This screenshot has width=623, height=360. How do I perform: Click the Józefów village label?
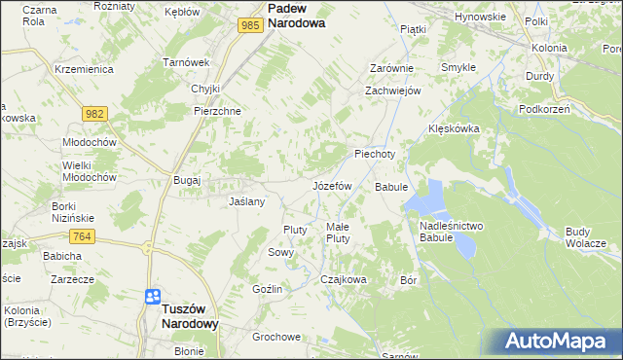click(x=331, y=185)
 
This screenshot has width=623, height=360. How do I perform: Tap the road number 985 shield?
click(x=250, y=25)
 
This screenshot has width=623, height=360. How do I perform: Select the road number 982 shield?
click(x=94, y=114)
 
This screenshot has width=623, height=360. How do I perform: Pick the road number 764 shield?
click(x=82, y=236)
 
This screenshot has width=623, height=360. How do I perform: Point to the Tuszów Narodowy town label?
click(x=176, y=314)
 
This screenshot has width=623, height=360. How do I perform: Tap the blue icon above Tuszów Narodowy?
click(x=153, y=297)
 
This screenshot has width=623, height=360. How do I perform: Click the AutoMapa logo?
click(x=554, y=341)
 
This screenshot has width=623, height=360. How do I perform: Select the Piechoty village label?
click(x=375, y=154)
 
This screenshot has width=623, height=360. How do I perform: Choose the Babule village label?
click(x=390, y=186)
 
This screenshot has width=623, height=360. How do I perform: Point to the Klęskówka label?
click(x=455, y=128)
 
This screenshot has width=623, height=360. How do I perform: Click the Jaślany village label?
click(x=246, y=201)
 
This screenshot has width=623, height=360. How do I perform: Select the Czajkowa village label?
click(x=344, y=279)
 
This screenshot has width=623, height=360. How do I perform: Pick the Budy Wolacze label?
click(x=585, y=236)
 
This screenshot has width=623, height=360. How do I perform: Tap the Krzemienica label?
click(x=85, y=70)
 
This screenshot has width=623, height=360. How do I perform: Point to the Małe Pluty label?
click(x=338, y=232)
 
